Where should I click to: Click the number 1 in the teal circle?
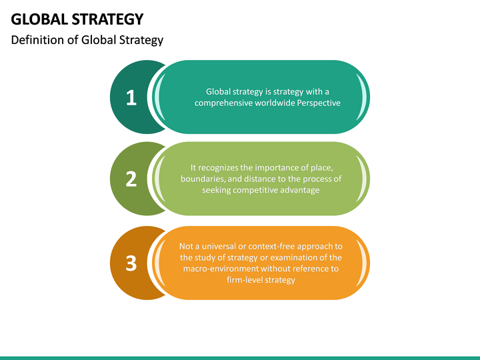tap(131, 98)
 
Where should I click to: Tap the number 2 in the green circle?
tap(131, 179)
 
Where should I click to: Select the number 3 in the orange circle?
tap(131, 263)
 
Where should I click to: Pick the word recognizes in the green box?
tap(219, 167)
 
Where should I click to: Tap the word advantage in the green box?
tap(301, 190)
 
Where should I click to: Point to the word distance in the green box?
tap(265, 179)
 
